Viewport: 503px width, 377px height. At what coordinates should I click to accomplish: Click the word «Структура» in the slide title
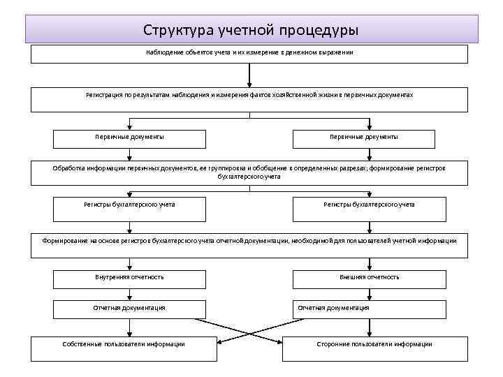point(175,31)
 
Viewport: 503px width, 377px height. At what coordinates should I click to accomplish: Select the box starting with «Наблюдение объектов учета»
point(249,54)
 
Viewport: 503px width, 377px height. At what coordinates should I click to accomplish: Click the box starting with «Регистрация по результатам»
point(249,98)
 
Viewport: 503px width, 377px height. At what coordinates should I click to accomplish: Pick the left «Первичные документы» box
point(130,138)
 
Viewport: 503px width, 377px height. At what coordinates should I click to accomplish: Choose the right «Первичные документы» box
point(369,138)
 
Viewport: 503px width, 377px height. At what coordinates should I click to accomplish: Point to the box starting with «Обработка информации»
point(249,172)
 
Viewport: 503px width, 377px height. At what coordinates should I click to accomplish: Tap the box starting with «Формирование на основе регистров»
point(249,242)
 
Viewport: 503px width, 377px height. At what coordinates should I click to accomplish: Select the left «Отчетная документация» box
point(130,309)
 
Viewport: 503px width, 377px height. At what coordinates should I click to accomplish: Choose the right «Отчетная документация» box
point(369,309)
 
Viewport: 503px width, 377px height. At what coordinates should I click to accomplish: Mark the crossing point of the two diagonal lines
point(249,330)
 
